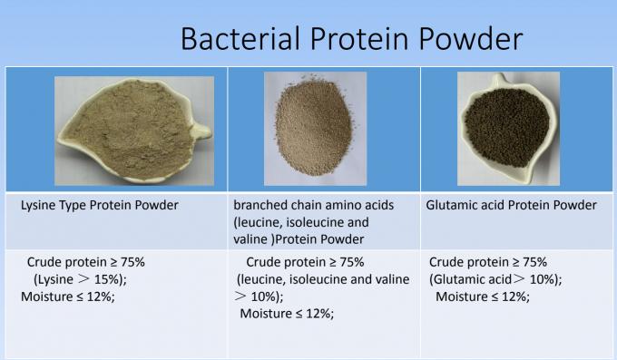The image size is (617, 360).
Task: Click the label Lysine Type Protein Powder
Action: coord(100,205)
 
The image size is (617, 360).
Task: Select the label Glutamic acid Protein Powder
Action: coord(511,205)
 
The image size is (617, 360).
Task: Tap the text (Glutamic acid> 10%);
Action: coord(495,278)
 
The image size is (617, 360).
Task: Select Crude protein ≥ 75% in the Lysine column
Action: coord(86,261)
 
